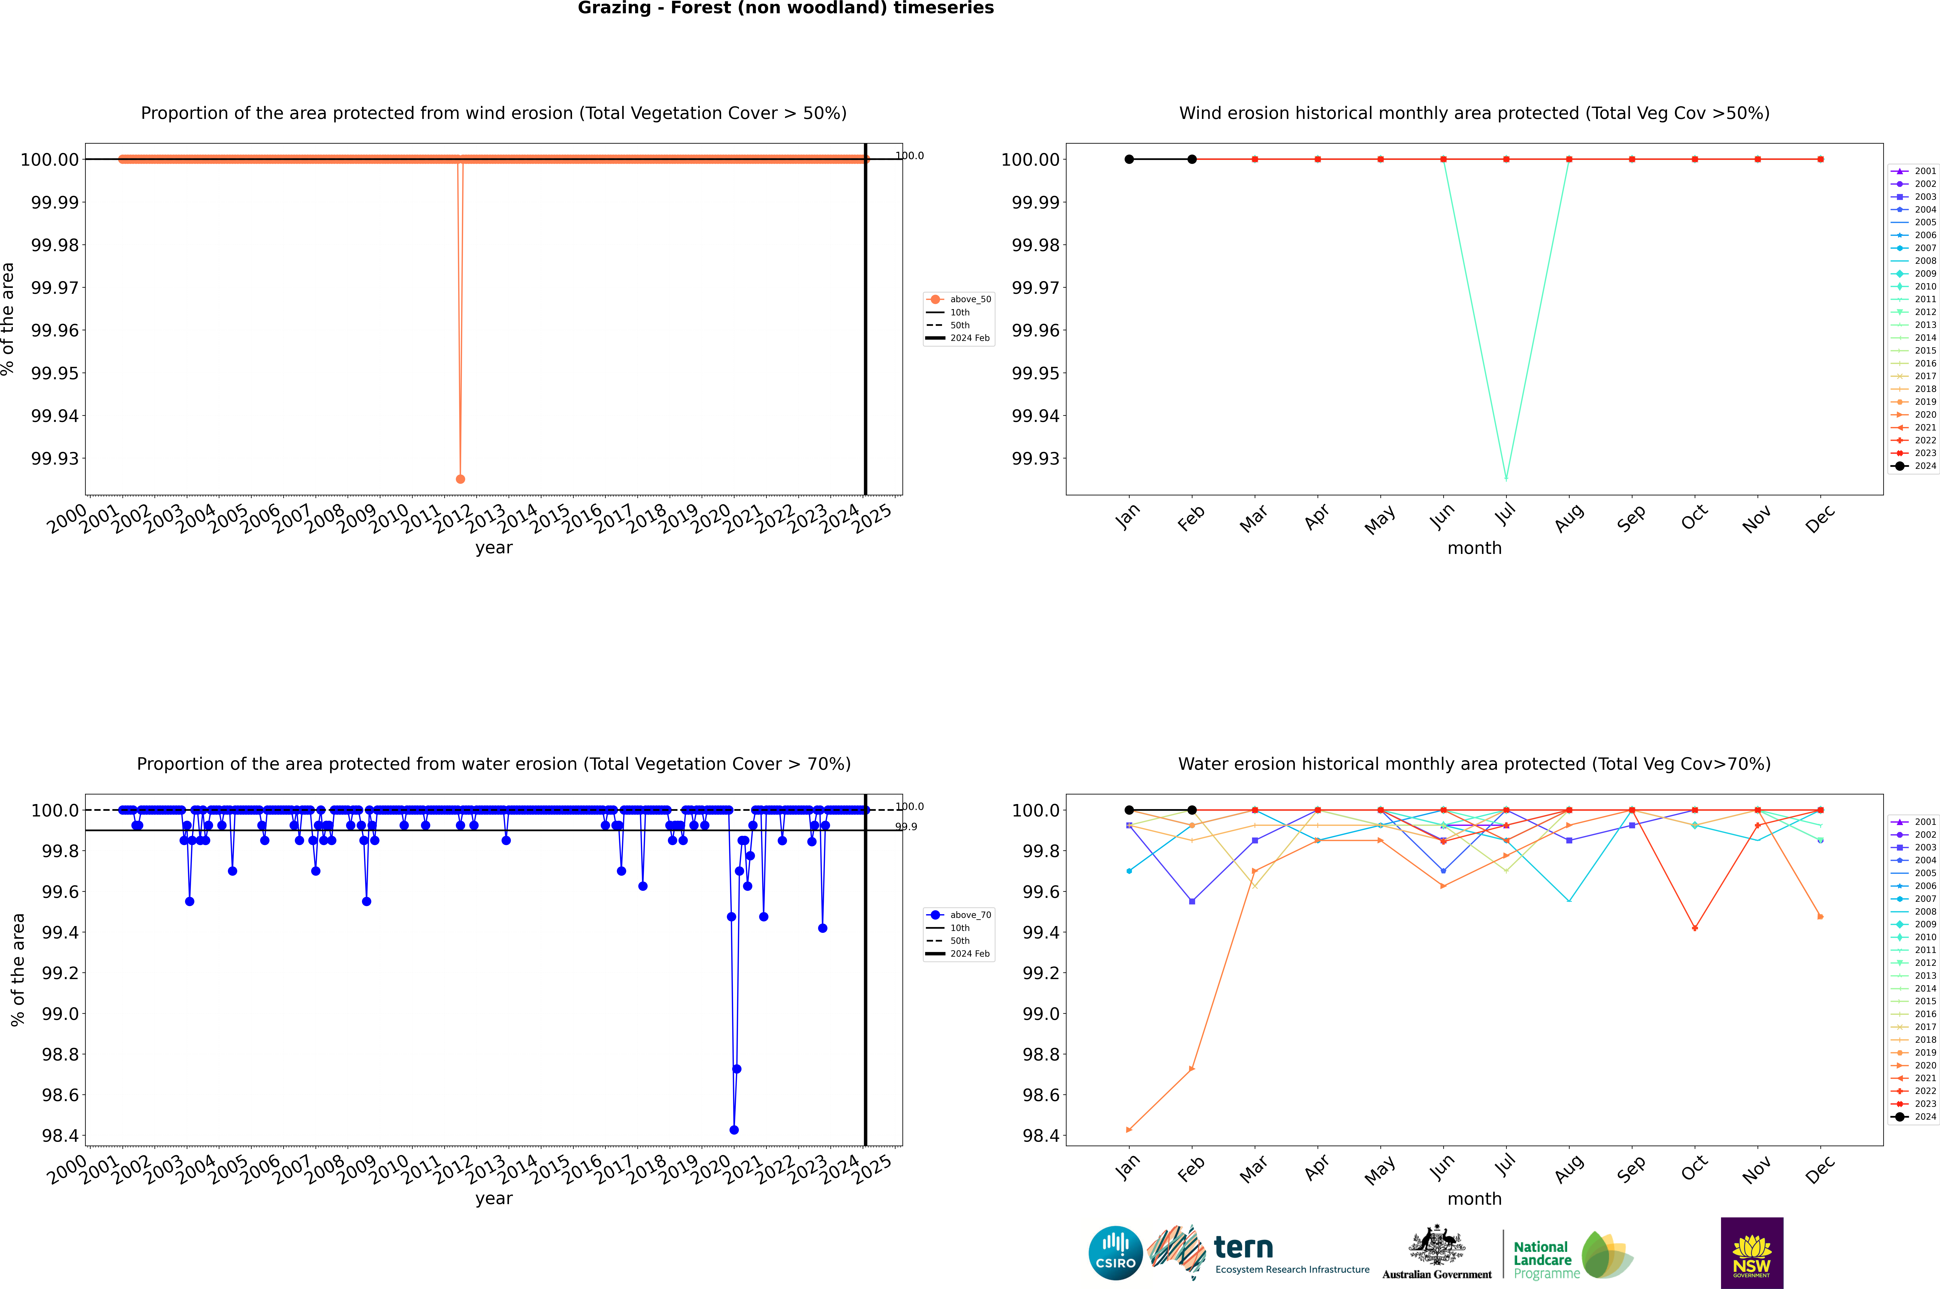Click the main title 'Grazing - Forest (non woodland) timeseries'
click(785, 8)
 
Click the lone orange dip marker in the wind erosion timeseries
click(461, 478)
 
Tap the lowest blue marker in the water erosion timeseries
click(733, 1129)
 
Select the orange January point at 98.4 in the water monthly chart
click(1129, 1129)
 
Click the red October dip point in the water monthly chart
click(1695, 928)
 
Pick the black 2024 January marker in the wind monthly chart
click(1129, 160)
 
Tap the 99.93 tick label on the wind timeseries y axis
click(55, 459)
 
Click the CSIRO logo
click(1115, 1253)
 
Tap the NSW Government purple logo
click(1752, 1253)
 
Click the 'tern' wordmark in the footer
click(1243, 1248)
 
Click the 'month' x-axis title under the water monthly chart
click(1474, 1199)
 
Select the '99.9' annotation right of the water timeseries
click(906, 827)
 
